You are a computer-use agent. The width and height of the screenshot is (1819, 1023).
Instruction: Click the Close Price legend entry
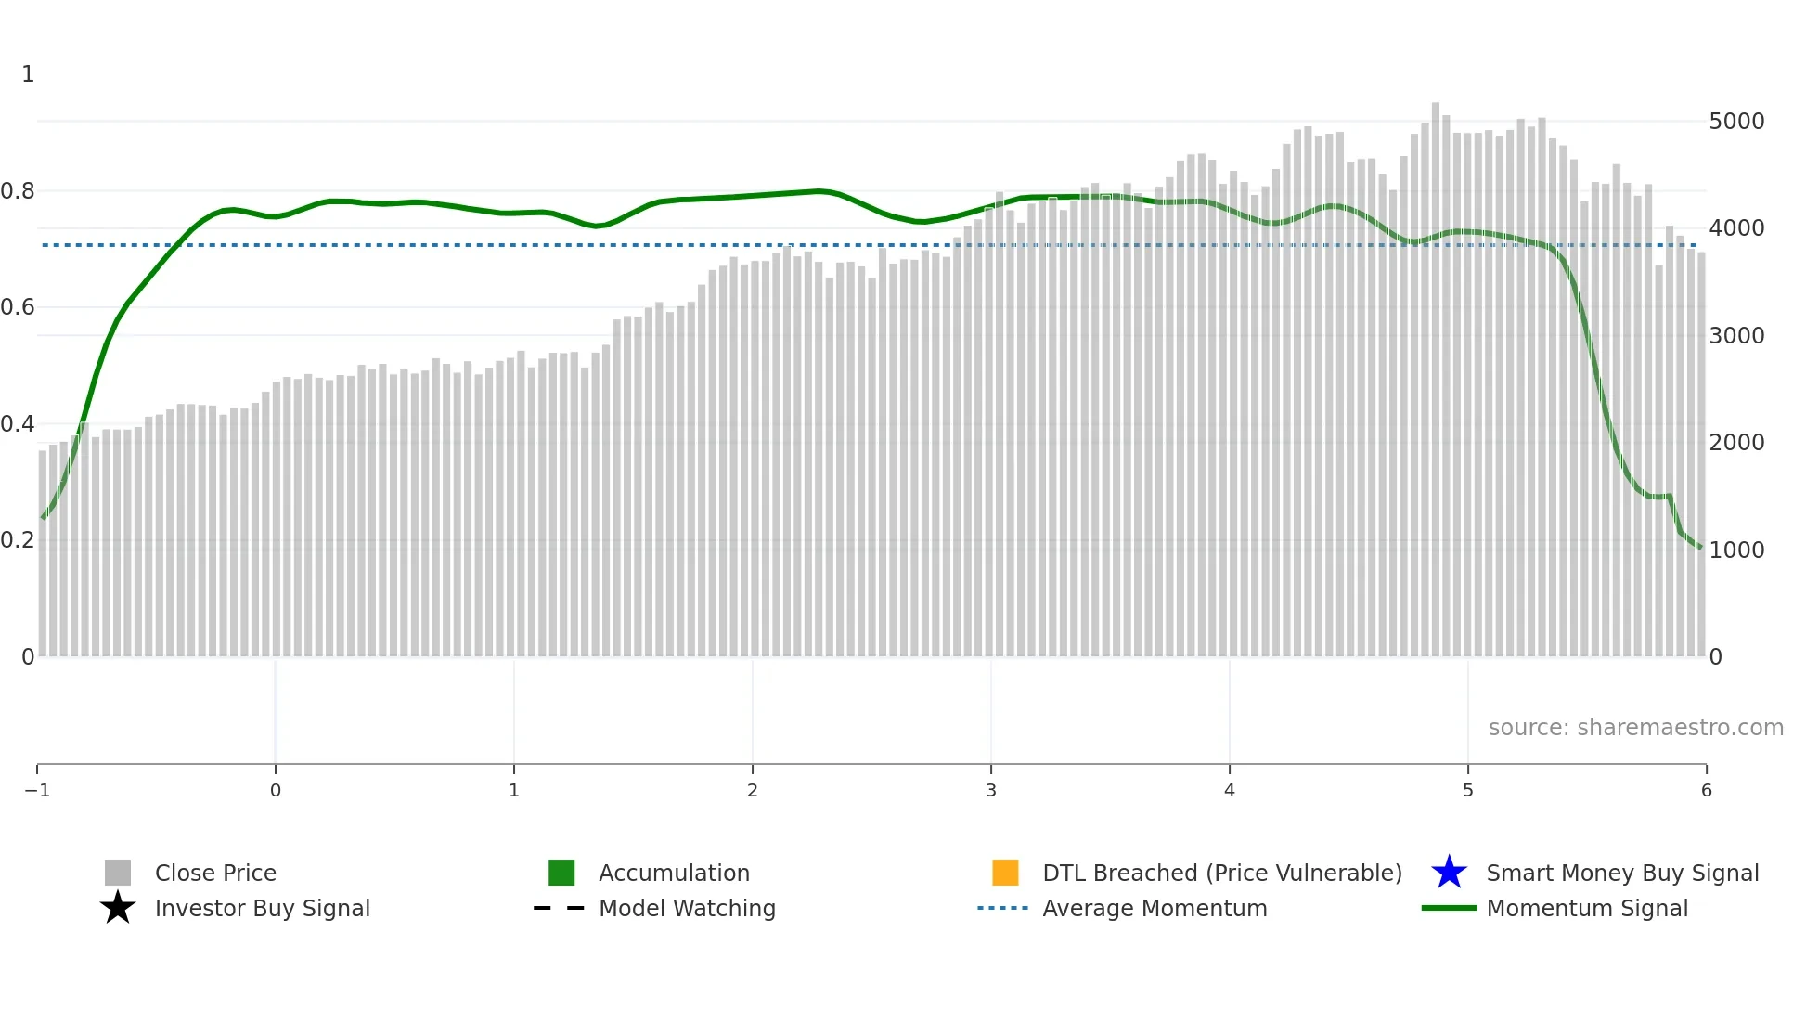point(215,873)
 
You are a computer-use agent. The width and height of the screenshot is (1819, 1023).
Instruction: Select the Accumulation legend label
point(674,873)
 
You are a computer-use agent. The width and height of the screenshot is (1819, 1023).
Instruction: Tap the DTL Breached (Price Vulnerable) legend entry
point(1221,873)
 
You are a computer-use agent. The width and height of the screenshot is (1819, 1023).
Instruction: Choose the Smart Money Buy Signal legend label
point(1622,873)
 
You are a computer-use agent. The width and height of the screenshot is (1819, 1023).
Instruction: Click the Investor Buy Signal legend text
point(262,908)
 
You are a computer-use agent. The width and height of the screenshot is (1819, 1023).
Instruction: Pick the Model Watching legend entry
point(687,908)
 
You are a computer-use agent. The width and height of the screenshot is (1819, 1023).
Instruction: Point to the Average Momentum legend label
point(1155,908)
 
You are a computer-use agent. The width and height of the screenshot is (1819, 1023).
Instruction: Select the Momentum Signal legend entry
point(1587,908)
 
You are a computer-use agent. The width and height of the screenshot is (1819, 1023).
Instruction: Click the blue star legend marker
point(1449,873)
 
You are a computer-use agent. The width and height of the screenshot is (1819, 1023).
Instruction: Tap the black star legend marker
point(118,908)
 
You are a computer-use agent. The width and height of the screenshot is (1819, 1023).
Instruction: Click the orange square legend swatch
point(1005,873)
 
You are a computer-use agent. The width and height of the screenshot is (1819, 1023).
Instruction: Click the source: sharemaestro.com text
point(1635,727)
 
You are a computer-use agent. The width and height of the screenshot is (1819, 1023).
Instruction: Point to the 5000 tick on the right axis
point(1736,122)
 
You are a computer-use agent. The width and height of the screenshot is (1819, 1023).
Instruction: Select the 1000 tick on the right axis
point(1736,550)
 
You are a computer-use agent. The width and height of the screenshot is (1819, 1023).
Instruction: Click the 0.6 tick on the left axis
point(18,307)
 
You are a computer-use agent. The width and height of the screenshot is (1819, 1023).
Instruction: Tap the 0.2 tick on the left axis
point(18,540)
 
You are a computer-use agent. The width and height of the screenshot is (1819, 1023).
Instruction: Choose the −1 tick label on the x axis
point(37,790)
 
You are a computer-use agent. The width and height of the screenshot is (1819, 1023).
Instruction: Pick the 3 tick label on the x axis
point(991,790)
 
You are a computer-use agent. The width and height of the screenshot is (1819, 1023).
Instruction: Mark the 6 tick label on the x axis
point(1706,790)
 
